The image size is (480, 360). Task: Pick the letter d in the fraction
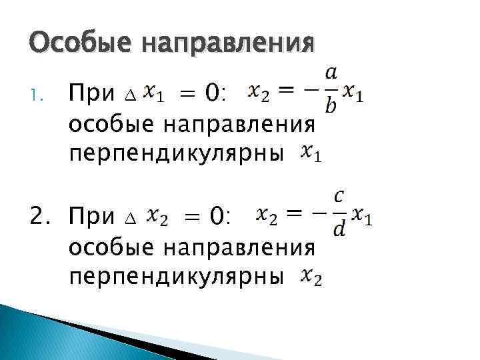(x=339, y=230)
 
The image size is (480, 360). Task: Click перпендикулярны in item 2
(x=177, y=275)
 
